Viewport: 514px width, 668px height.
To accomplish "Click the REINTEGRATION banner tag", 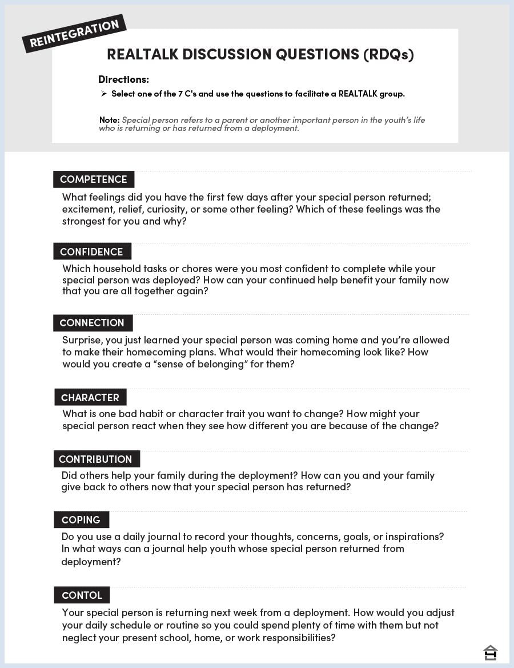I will (x=74, y=34).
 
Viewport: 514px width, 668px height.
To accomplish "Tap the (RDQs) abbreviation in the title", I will (x=388, y=54).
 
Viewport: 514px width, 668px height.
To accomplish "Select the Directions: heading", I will (x=123, y=79).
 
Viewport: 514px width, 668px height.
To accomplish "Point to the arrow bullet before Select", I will (x=103, y=94).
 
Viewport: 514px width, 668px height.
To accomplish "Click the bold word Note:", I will (x=109, y=120).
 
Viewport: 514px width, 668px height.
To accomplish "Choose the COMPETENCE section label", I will (x=94, y=179).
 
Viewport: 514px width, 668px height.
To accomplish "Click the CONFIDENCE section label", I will (x=91, y=251).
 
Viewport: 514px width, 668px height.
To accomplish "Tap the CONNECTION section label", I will (x=92, y=323).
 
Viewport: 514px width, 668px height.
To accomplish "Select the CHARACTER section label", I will (x=90, y=398).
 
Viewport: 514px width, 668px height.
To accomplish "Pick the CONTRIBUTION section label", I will (x=95, y=459).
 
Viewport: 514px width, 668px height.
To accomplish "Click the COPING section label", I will (x=81, y=520).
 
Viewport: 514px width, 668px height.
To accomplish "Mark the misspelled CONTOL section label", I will (x=82, y=595).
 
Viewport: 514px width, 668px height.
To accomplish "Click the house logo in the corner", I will (x=490, y=652).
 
